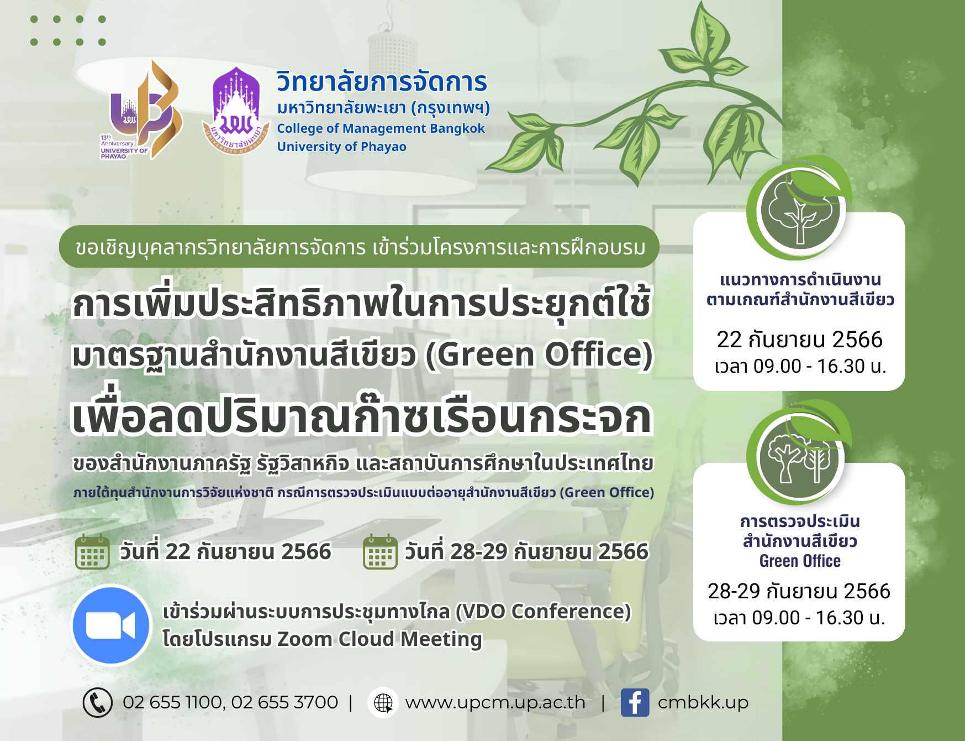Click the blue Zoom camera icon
click(112, 625)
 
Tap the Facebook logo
click(635, 702)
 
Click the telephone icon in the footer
click(97, 702)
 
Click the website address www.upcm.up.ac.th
click(495, 702)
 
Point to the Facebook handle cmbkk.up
click(703, 702)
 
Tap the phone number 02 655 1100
click(173, 702)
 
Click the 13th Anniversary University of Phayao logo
click(141, 110)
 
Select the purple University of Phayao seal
click(236, 111)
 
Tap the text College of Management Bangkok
click(381, 128)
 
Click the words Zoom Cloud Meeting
click(379, 639)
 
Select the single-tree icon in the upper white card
click(800, 211)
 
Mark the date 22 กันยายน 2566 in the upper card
click(799, 339)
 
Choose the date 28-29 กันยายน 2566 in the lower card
click(799, 591)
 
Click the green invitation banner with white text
click(360, 247)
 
